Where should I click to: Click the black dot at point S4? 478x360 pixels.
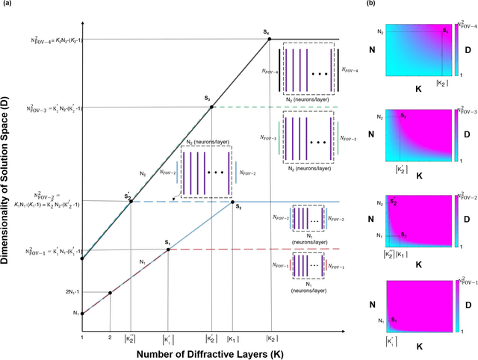270,38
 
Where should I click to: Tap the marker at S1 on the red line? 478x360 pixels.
168,249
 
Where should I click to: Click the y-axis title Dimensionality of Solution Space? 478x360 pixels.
8,180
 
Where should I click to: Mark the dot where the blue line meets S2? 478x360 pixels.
232,202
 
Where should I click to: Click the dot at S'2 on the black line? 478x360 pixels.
131,202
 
